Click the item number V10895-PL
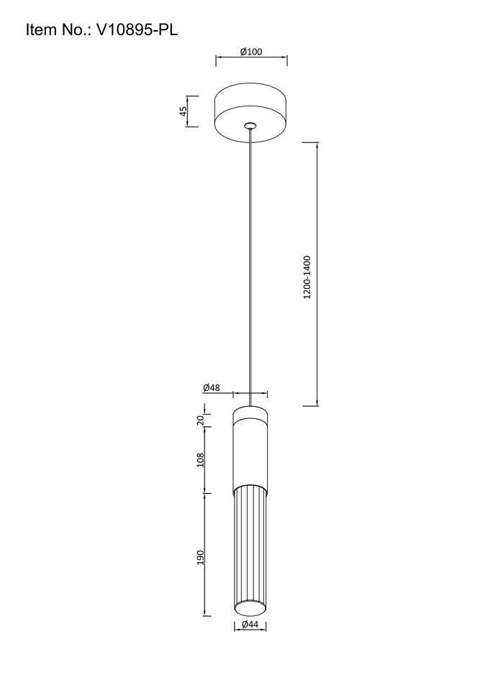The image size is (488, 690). (x=137, y=30)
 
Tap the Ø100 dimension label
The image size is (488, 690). (x=251, y=52)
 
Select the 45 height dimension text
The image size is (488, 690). (x=184, y=111)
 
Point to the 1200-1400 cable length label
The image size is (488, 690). (x=307, y=277)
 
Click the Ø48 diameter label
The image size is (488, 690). (x=212, y=387)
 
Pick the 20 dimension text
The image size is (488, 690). (x=201, y=420)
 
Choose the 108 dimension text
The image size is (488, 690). (x=201, y=460)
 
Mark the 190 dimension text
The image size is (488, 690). (x=201, y=558)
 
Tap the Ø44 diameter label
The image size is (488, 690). (x=250, y=624)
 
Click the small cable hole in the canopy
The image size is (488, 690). (x=250, y=125)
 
